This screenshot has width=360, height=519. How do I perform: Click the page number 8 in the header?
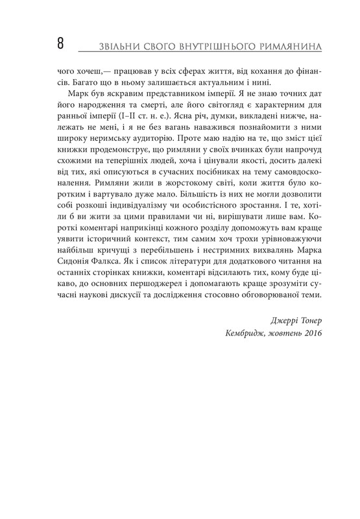[60, 45]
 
